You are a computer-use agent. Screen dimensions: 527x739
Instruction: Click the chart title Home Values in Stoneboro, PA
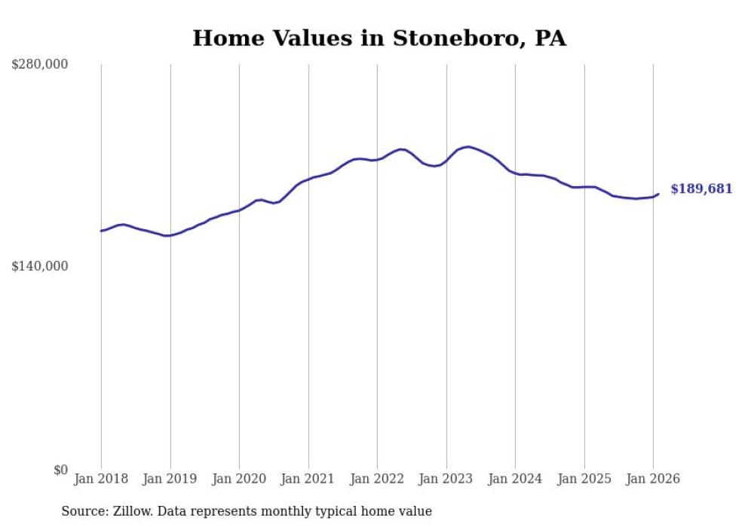coord(379,38)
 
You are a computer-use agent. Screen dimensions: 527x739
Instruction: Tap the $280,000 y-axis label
coord(40,65)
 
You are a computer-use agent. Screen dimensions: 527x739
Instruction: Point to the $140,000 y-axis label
coord(40,266)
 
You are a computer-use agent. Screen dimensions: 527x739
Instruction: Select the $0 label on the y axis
coord(60,470)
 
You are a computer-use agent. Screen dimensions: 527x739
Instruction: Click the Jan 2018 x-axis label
coord(101,479)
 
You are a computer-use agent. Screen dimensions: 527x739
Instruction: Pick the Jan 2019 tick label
coord(170,479)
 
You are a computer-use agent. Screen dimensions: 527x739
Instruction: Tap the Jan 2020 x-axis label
coord(239,479)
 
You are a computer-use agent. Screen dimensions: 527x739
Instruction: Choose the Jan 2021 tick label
coord(308,479)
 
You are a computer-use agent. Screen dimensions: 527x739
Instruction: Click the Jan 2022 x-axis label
coord(377,479)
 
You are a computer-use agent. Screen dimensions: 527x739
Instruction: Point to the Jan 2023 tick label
coord(446,479)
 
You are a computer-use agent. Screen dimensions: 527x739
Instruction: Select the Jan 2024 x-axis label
coord(515,479)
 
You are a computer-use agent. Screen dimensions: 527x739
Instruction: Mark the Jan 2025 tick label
coord(584,479)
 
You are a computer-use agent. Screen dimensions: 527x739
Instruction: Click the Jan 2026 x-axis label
coord(653,479)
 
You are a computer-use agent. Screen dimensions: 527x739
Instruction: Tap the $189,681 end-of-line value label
coord(701,188)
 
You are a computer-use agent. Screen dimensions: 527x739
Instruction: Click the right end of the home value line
coord(658,195)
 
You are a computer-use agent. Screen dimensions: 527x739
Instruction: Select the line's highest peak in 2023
coord(468,147)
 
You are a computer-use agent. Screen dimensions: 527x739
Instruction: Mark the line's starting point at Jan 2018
coord(101,231)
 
